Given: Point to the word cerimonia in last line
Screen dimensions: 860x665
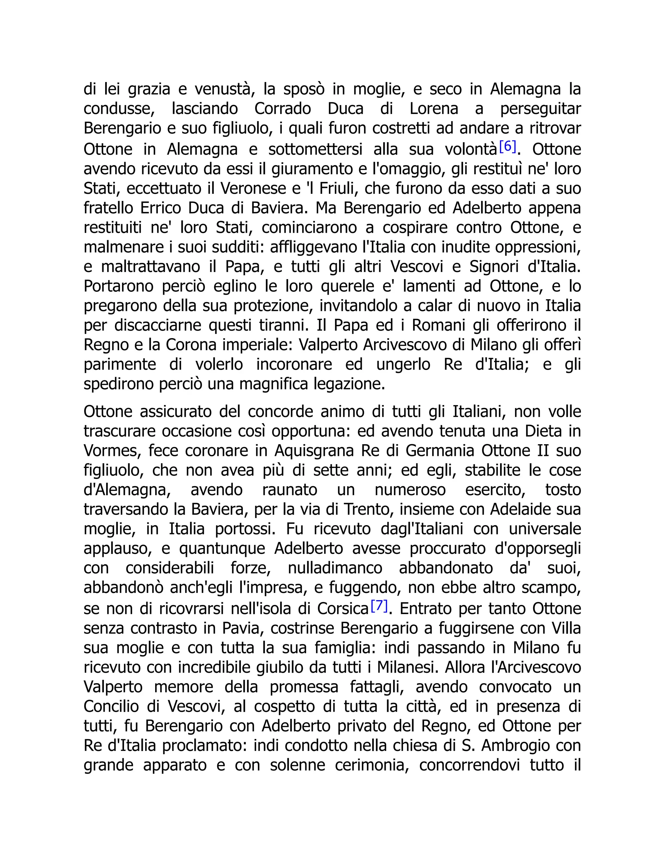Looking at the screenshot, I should click(x=371, y=765).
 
